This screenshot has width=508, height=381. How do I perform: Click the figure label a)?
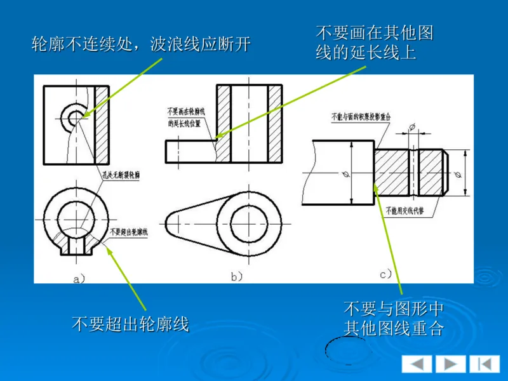[79, 277]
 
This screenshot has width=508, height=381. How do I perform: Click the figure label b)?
[236, 277]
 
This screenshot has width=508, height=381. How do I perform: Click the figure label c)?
[386, 274]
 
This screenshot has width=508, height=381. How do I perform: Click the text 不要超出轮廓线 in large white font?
[130, 324]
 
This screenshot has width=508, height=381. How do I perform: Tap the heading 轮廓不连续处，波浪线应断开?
[142, 44]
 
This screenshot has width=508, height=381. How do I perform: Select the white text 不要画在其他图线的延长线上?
[374, 42]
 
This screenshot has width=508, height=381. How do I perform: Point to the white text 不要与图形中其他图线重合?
[393, 319]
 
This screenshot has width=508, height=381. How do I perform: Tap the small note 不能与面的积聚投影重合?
[364, 117]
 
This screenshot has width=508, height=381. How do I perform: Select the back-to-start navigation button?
[485, 364]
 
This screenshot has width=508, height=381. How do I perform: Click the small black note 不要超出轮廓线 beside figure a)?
[130, 232]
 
